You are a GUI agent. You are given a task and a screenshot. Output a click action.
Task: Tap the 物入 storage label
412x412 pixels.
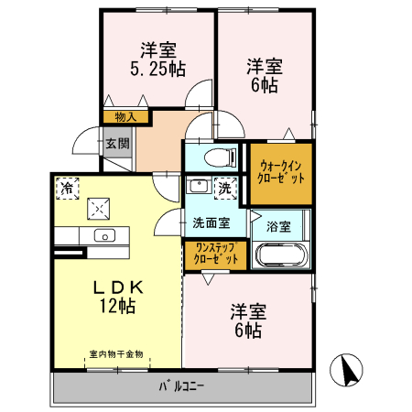click(126, 116)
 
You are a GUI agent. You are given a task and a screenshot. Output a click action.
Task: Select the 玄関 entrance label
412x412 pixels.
click(116, 144)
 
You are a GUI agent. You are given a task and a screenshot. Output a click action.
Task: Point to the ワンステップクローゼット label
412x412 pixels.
click(213, 254)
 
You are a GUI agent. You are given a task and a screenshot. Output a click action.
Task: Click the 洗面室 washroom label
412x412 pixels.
click(211, 222)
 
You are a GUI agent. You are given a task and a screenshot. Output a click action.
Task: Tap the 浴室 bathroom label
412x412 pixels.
click(278, 224)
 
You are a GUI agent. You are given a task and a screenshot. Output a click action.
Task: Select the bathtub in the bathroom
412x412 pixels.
click(280, 255)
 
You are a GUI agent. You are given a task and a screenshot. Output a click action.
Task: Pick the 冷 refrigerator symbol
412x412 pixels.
click(67, 187)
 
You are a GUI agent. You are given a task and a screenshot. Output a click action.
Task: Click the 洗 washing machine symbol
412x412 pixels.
click(224, 188)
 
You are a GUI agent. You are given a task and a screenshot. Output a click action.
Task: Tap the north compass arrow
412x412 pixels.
click(347, 371)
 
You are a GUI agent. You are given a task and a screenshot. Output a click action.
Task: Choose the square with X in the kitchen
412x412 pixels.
click(98, 209)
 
